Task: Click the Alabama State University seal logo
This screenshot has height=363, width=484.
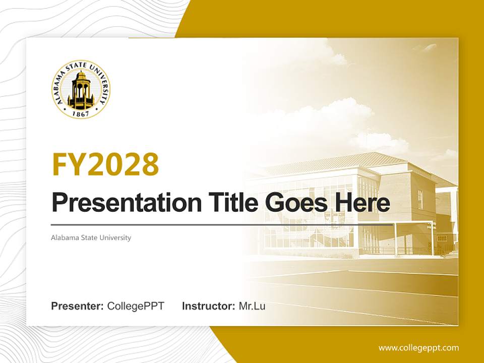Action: [81, 89]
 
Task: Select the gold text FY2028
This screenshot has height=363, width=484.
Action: [105, 164]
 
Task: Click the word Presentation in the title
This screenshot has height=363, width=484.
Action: [119, 203]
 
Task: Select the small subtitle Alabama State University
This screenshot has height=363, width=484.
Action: [91, 237]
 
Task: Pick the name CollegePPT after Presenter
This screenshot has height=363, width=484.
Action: [136, 306]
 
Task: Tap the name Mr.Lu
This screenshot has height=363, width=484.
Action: [252, 306]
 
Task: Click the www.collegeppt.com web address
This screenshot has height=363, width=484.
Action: [418, 348]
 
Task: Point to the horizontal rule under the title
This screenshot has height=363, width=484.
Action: [222, 224]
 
